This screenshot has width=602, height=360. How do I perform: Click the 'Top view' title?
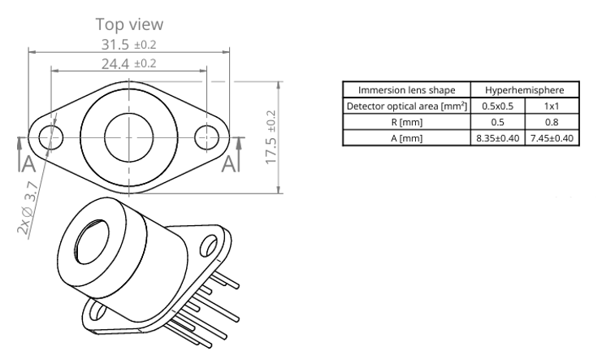click(x=129, y=24)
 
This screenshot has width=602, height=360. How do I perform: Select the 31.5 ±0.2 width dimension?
click(x=128, y=45)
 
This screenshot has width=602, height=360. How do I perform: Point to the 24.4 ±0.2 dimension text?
click(x=128, y=63)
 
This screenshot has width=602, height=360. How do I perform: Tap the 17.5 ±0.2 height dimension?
click(x=271, y=137)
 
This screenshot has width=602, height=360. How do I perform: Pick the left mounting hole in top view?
click(x=50, y=137)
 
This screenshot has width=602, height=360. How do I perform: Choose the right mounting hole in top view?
click(x=206, y=137)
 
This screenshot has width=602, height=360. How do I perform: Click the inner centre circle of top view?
click(x=128, y=137)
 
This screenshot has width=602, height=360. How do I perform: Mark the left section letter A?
click(x=28, y=163)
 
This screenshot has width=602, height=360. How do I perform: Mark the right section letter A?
click(x=229, y=163)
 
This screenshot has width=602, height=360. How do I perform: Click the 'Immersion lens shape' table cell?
click(x=406, y=90)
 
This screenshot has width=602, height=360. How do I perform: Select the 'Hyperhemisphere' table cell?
click(x=525, y=90)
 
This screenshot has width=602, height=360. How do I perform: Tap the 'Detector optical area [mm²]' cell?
click(x=406, y=106)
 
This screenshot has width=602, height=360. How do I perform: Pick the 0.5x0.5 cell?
click(x=497, y=106)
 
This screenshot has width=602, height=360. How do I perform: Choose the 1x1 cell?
click(x=552, y=106)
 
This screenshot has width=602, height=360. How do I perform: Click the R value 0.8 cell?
click(x=552, y=122)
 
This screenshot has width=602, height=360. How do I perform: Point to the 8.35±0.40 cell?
click(x=497, y=138)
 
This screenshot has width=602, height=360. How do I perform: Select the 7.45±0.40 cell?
click(x=552, y=138)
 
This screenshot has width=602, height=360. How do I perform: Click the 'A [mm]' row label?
click(x=406, y=138)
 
